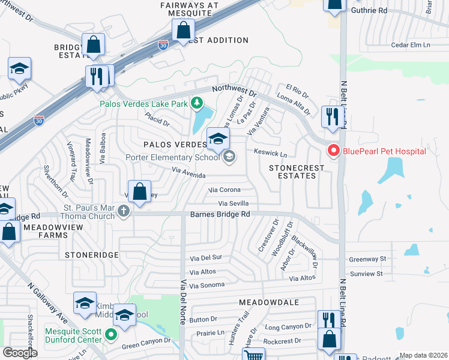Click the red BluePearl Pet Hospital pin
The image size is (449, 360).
[333, 151]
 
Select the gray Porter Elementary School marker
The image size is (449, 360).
[228, 157]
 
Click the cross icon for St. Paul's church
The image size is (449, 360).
[124, 211]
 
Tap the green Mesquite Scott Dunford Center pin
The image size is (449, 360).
[110, 334]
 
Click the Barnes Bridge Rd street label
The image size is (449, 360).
[220, 214]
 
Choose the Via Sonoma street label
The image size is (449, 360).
[206, 285]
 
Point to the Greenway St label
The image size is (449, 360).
[368, 259]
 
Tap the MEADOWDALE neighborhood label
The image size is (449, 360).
[268, 302]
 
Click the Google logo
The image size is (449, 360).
[20, 353]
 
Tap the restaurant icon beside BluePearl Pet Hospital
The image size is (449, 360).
[332, 117]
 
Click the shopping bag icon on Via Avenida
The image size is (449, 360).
[139, 193]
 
